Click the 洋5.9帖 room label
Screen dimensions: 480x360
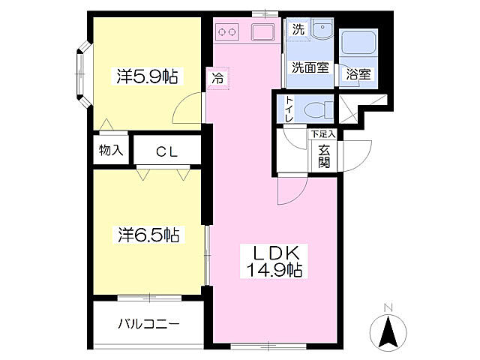[x=147, y=76]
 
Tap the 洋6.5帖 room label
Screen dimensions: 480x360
[x=148, y=235]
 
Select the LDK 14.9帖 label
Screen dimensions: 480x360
[x=274, y=261]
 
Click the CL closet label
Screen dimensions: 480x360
[x=166, y=151]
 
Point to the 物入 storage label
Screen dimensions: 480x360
[x=111, y=150]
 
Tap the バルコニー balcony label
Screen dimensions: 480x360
[x=148, y=323]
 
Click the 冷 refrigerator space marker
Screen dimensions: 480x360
[x=217, y=79]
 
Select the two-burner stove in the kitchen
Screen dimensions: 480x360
[x=226, y=31]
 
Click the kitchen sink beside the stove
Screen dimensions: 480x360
[x=262, y=32]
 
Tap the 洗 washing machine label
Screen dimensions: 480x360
[x=298, y=29]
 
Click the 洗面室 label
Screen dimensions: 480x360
[x=310, y=67]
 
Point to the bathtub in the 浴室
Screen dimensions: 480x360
[x=358, y=42]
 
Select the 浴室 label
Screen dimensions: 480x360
[x=358, y=74]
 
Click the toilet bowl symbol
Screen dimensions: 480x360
[x=318, y=109]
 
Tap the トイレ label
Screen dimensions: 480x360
[x=289, y=109]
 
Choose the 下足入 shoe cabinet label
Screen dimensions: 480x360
[x=323, y=133]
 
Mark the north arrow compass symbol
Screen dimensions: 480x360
[x=388, y=330]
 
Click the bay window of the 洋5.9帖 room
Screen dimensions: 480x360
[x=83, y=74]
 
